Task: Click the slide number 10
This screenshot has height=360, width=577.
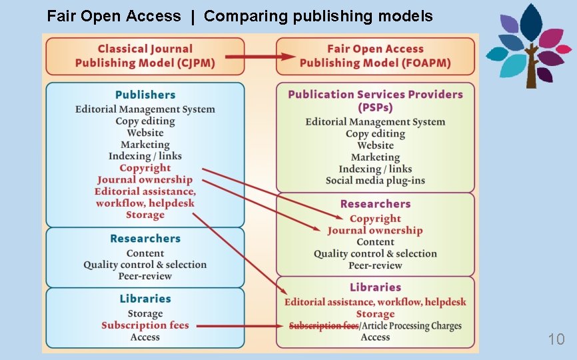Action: [x=556, y=339]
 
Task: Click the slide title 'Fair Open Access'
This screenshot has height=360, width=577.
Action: [x=114, y=16]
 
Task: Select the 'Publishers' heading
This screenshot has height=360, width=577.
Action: [x=145, y=95]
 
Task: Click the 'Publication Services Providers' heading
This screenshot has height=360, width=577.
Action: [x=375, y=95]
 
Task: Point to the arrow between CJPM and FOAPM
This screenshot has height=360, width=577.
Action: [x=261, y=56]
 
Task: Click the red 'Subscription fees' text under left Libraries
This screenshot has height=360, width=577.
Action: [x=145, y=325]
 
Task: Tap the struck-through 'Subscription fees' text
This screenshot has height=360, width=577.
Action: [x=324, y=326]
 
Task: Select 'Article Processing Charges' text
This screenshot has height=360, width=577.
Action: [x=411, y=326]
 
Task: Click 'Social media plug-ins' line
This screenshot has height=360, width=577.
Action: [x=375, y=181]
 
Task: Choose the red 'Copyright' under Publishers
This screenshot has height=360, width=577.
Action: [x=145, y=168]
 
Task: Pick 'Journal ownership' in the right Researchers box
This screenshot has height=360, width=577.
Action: [x=375, y=231]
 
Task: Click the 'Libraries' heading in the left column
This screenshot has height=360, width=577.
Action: [x=145, y=299]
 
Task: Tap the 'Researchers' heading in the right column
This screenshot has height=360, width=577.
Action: [x=375, y=204]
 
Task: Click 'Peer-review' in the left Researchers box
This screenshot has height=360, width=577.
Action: [x=145, y=276]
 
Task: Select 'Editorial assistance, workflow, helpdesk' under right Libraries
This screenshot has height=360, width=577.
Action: [x=375, y=302]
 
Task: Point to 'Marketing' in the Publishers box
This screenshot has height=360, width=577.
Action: [x=145, y=145]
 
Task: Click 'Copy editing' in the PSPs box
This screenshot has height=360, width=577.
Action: [x=375, y=134]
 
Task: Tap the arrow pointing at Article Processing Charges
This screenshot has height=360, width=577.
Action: [x=241, y=326]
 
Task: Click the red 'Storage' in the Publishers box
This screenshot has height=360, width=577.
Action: [x=145, y=215]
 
